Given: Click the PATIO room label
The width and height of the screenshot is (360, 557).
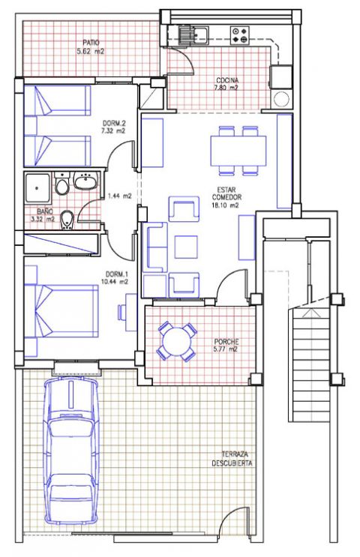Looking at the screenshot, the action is (91, 42).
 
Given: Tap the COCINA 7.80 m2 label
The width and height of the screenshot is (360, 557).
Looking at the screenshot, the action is (227, 84).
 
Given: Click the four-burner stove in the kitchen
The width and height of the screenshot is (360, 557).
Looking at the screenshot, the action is (239, 35).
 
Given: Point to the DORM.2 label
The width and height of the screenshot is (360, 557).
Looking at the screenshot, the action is (114, 123).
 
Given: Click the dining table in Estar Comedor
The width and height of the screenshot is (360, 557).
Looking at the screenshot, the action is (238, 151).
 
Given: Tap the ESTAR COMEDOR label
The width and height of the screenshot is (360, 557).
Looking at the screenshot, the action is (226, 193).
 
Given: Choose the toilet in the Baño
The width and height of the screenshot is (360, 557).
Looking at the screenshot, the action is (62, 184).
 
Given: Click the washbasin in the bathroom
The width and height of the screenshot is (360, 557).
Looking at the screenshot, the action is (85, 181).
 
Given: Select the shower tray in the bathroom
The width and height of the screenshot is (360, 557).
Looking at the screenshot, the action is (37, 188).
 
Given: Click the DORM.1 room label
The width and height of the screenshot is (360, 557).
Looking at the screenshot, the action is (116, 274).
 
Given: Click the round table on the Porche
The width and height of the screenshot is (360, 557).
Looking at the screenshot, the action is (176, 342).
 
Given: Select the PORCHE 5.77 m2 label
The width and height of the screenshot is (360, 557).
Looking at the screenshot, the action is (226, 346).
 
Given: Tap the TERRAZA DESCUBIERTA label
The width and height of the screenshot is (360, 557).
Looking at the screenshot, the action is (232, 459).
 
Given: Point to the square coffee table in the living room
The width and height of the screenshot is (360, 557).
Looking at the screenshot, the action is (186, 247).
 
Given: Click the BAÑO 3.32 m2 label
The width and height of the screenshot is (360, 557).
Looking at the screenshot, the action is (43, 215).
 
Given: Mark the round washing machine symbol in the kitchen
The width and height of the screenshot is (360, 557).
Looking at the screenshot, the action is (282, 99).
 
